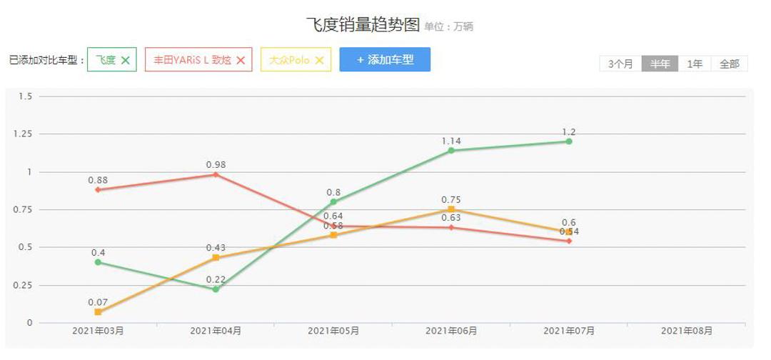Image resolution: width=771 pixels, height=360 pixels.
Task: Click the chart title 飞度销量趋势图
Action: pyautogui.click(x=363, y=25)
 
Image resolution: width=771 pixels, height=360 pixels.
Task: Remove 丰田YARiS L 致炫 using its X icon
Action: pyautogui.click(x=241, y=61)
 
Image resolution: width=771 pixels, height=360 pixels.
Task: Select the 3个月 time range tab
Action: pyautogui.click(x=620, y=64)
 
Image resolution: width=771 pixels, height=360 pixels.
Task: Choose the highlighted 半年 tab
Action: pyautogui.click(x=660, y=64)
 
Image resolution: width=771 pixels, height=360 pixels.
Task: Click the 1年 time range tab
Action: pyautogui.click(x=695, y=64)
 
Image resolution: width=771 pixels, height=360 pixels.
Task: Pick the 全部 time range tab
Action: pyautogui.click(x=729, y=64)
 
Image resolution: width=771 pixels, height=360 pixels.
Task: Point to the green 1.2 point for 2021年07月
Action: pyautogui.click(x=569, y=141)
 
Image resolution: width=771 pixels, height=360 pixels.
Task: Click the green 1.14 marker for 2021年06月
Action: pyautogui.click(x=451, y=151)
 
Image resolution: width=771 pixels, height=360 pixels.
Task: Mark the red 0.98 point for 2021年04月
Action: pyautogui.click(x=216, y=174)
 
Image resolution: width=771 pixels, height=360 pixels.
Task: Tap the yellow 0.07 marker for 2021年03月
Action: pyautogui.click(x=98, y=312)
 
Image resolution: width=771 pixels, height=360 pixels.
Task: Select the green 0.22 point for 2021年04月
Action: pyautogui.click(x=216, y=289)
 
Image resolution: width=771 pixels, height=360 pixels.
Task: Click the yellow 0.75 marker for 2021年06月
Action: pyautogui.click(x=451, y=209)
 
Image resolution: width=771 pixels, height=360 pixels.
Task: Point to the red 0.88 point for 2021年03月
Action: pyautogui.click(x=98, y=189)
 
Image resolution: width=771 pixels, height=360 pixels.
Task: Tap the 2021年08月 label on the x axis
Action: pyautogui.click(x=687, y=331)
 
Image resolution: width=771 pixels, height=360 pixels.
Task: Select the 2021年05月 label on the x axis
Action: pyautogui.click(x=333, y=331)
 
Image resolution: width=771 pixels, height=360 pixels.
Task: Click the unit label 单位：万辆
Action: pyautogui.click(x=448, y=27)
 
